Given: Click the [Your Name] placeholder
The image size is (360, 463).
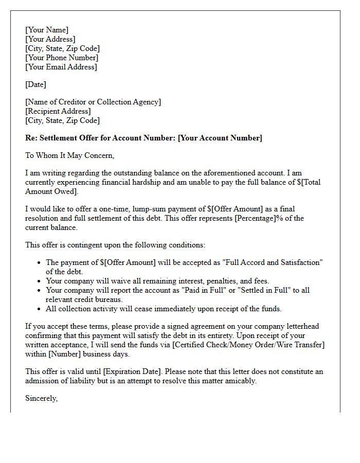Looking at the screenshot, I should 47,30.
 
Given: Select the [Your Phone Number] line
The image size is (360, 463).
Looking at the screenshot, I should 62,58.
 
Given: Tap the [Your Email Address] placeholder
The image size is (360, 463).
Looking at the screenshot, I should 61,67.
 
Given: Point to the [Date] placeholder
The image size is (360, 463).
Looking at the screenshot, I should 35,84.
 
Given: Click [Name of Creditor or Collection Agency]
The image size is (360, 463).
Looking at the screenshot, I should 93,102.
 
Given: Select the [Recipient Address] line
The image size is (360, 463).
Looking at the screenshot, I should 58,111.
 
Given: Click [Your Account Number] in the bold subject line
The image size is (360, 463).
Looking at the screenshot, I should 220,138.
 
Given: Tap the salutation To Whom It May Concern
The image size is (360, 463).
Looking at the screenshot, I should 69,155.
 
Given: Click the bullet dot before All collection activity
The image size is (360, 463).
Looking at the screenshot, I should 39,309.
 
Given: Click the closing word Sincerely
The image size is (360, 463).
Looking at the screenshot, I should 41,398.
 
